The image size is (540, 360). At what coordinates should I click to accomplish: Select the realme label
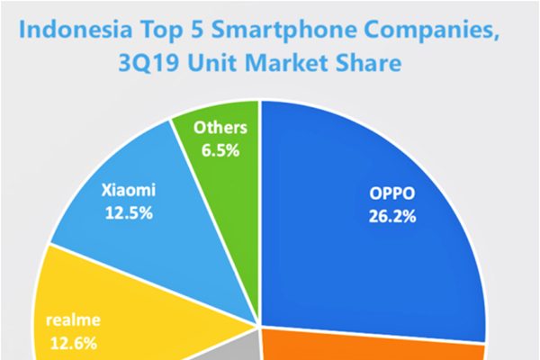(x=69, y=320)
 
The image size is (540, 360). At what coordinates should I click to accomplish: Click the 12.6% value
(x=69, y=342)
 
